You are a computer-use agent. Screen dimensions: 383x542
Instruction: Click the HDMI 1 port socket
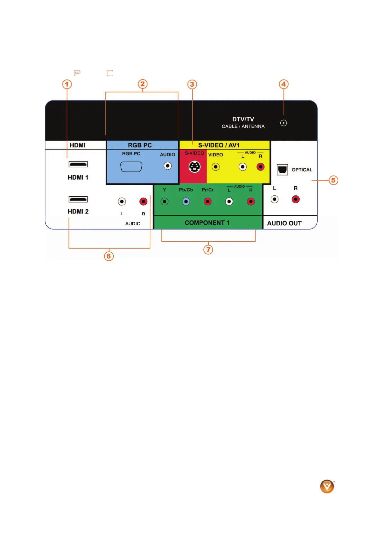point(78,164)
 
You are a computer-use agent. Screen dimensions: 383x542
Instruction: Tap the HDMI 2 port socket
point(78,199)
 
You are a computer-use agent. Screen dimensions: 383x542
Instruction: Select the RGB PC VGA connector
point(131,167)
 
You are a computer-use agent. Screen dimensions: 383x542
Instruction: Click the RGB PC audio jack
point(168,166)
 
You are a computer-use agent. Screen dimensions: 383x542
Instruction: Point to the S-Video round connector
point(194,167)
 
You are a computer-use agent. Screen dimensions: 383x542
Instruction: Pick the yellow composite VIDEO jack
point(216,167)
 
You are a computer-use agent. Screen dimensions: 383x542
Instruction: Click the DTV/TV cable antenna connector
point(284,123)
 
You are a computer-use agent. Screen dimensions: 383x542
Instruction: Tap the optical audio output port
point(282,169)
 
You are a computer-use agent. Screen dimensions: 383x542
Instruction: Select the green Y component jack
point(164,202)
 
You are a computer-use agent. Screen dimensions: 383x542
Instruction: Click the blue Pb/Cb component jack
point(186,202)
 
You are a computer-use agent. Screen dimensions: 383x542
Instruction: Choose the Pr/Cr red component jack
point(208,202)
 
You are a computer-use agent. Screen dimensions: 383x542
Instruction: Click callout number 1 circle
point(67,84)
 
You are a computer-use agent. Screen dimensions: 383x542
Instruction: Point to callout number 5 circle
point(333,180)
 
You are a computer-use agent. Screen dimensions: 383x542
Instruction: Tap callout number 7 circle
point(208,249)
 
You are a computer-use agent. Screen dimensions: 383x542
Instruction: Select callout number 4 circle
point(284,84)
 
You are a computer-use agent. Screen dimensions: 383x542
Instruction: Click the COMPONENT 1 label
point(207,223)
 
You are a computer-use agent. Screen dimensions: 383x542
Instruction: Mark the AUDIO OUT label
point(284,223)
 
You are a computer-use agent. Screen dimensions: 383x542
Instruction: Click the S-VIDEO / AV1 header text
point(219,145)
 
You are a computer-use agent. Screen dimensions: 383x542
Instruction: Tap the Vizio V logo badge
point(327,486)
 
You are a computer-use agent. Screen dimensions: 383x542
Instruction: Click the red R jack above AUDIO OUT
point(295,200)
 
